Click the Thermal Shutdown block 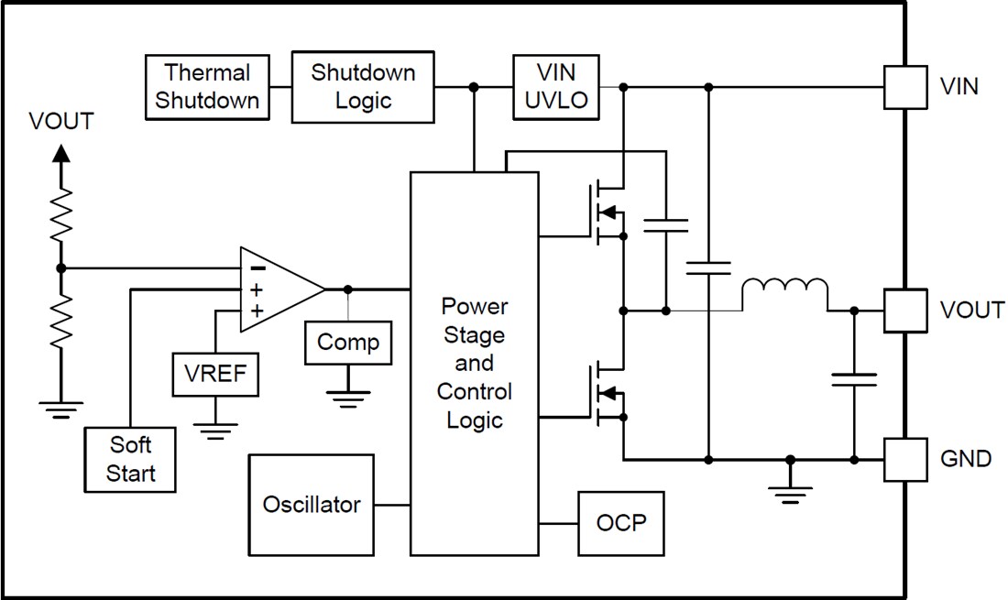point(206,87)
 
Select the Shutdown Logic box point(362,87)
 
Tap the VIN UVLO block point(556,87)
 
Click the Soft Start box point(130,459)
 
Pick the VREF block point(215,373)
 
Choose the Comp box point(347,343)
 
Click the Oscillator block point(311,505)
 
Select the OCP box point(620,523)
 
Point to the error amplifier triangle point(277,289)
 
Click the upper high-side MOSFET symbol point(605,213)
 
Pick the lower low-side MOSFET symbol point(605,394)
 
